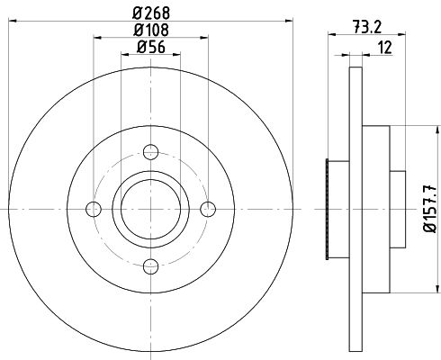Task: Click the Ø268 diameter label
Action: coord(151,13)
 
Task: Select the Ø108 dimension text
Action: coord(151,30)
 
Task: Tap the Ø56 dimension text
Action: coord(151,47)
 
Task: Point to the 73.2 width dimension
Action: coord(367,28)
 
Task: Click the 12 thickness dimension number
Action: coord(385,48)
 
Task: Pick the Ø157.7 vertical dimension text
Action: coord(430,209)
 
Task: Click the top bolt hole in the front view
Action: coord(150,152)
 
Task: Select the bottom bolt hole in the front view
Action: coord(150,266)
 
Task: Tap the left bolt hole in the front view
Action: coord(94,209)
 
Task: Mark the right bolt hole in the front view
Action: coord(208,209)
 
